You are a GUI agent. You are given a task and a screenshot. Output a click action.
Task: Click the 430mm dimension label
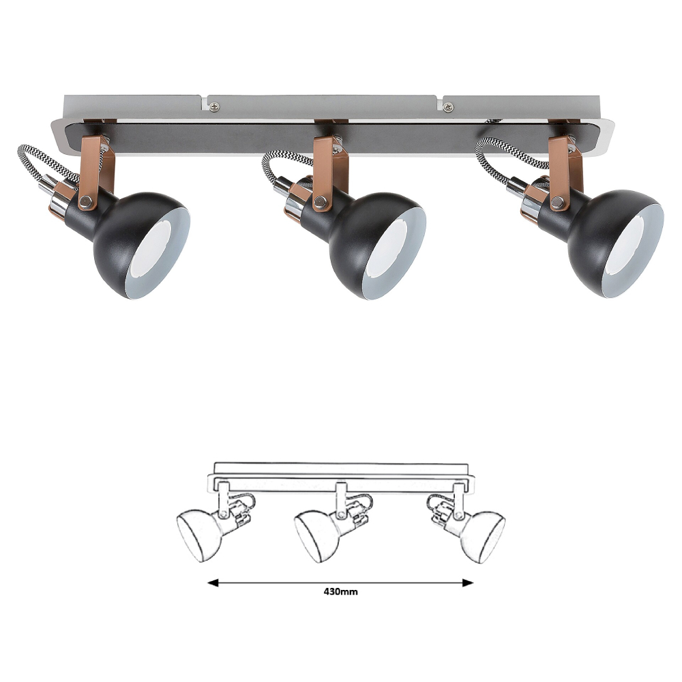coord(340,591)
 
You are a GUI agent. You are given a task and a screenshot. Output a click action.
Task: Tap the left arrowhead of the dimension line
coord(213,583)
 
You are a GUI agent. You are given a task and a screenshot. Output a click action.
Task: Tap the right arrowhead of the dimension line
coord(468,583)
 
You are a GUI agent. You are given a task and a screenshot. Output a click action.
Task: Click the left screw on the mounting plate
coord(214,106)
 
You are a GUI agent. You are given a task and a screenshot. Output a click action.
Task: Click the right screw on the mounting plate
coord(448,106)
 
